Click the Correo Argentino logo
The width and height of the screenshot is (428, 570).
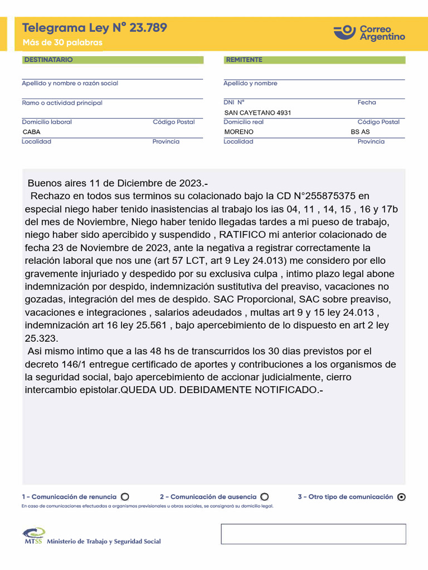point(369,32)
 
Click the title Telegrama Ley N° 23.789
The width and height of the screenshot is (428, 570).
point(94,28)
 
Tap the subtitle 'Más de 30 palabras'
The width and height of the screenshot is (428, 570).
point(62,43)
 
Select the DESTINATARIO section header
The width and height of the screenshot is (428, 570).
point(48,60)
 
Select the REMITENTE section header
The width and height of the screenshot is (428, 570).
point(244,60)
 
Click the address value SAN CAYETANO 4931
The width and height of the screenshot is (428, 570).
point(257,112)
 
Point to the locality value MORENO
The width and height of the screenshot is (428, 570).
point(239,132)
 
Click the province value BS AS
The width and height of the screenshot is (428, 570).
point(360,132)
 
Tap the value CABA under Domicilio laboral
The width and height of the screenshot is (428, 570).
point(31,132)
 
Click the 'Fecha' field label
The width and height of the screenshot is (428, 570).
point(367,102)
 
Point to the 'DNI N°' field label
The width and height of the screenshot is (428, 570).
point(234,102)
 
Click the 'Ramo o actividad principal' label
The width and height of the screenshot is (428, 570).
point(62,103)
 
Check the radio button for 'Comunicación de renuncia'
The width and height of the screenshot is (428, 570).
point(125,497)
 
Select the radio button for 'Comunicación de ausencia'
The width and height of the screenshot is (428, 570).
point(265,497)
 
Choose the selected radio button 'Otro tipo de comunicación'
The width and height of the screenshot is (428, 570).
point(401,498)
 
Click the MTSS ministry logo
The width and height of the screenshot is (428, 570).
point(35,536)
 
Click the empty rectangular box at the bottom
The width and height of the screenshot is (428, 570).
point(313,534)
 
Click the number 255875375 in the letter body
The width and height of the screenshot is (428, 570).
point(328,196)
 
